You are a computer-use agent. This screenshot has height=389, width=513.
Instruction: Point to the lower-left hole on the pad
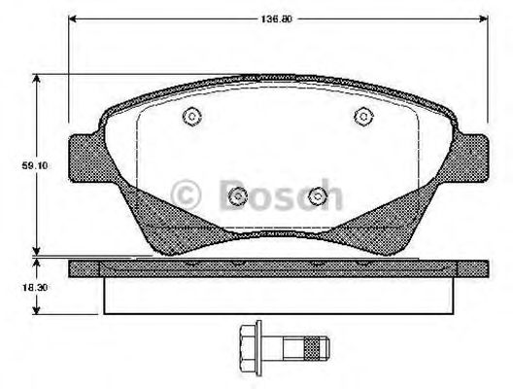click(237, 197)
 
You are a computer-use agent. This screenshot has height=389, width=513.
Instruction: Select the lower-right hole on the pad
click(317, 197)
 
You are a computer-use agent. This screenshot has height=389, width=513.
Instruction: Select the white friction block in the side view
click(279, 296)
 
